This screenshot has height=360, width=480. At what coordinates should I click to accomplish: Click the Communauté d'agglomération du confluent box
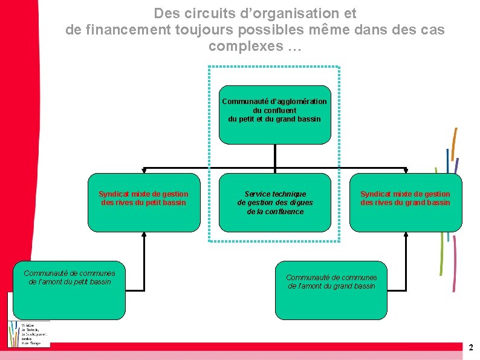(274, 114)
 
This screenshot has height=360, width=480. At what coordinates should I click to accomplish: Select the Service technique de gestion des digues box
(274, 203)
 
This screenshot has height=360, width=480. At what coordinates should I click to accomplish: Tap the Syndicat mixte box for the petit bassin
(143, 203)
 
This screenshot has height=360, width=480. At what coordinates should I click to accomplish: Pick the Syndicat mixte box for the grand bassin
(405, 203)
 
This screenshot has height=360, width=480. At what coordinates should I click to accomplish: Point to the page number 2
(471, 347)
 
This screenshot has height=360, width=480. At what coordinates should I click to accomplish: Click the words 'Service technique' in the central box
(275, 194)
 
